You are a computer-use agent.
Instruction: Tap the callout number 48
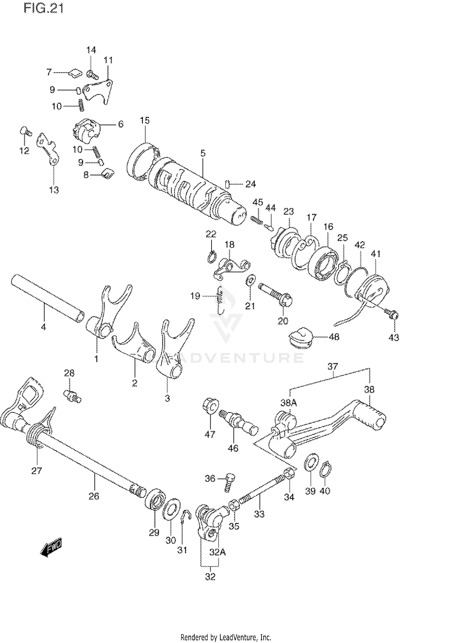pyautogui.click(x=334, y=336)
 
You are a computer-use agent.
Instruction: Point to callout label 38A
pyautogui.click(x=289, y=403)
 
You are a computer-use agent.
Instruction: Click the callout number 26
pyautogui.click(x=94, y=496)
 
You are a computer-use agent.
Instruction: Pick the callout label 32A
pyautogui.click(x=218, y=552)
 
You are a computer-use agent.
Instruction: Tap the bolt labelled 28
pyautogui.click(x=72, y=396)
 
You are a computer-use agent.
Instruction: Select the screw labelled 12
pyautogui.click(x=26, y=132)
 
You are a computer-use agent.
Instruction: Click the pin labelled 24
pyautogui.click(x=228, y=184)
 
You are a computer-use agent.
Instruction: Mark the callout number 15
pyautogui.click(x=145, y=120)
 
